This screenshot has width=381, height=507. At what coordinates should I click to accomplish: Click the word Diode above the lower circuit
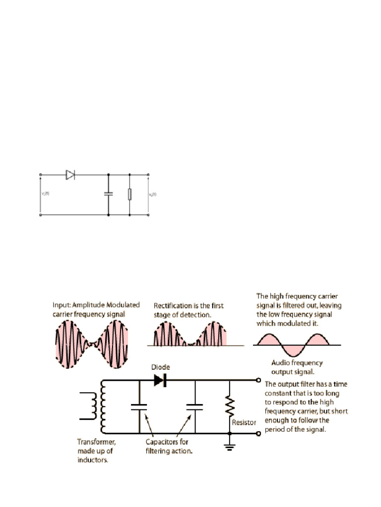[x=161, y=367]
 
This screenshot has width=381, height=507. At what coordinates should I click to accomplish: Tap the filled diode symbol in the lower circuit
[x=160, y=380]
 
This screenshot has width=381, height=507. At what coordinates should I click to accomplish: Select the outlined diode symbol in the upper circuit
[x=70, y=174]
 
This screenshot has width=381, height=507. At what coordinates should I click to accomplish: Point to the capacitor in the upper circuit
[x=108, y=194]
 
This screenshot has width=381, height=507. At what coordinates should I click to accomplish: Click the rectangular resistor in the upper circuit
[x=129, y=194]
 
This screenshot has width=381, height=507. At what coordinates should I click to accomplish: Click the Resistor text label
[x=245, y=422]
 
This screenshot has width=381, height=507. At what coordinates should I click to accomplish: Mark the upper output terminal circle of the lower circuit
[x=258, y=380]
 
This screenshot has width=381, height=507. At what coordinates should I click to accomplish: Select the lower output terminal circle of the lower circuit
[x=258, y=433]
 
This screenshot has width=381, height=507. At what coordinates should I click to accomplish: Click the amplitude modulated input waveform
[x=91, y=342]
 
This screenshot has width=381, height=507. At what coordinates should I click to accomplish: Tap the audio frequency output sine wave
[x=296, y=344]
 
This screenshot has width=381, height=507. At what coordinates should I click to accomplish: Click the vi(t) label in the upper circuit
[x=45, y=194]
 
